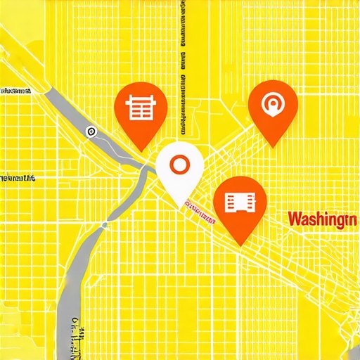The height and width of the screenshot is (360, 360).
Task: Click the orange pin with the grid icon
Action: (139, 111)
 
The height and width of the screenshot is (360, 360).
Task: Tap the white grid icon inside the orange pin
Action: (139, 108)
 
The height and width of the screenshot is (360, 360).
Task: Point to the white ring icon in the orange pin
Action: (274, 105)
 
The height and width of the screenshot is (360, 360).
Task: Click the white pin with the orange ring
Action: (180, 169)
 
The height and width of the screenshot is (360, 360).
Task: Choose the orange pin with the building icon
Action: (240, 204)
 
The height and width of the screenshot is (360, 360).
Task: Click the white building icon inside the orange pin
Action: (240, 201)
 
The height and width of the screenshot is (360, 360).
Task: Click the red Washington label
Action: (321, 219)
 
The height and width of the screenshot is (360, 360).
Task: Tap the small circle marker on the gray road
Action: (91, 131)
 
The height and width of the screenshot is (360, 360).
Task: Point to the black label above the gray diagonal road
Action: (15, 91)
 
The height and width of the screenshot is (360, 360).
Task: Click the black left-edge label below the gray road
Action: (17, 179)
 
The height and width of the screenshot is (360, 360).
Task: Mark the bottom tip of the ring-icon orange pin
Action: (274, 147)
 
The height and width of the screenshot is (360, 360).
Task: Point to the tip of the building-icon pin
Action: (240, 245)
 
